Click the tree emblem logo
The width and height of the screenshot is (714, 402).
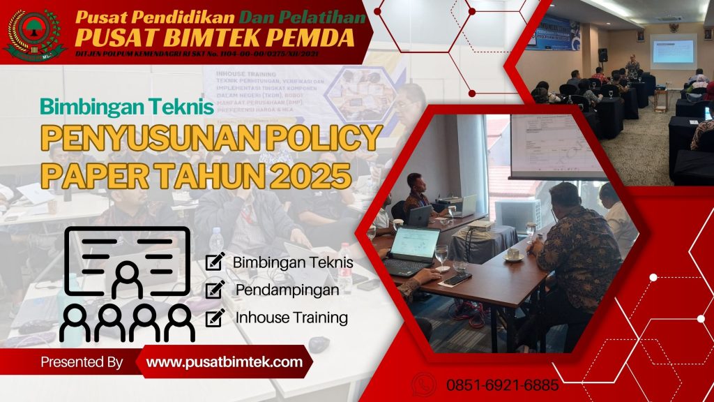point(34,32)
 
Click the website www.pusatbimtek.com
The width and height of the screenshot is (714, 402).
point(225,362)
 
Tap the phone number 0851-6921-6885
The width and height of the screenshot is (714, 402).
point(502,385)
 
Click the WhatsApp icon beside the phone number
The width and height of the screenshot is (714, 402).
point(424,385)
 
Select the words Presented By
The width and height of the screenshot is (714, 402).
point(82,362)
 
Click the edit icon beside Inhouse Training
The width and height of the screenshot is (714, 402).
point(215,317)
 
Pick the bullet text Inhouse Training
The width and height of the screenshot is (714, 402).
point(291,318)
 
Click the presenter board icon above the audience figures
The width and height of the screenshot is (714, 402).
point(127,262)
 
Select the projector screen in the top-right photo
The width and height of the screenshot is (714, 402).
point(672,51)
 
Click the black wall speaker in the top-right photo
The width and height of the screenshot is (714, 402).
point(602,54)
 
